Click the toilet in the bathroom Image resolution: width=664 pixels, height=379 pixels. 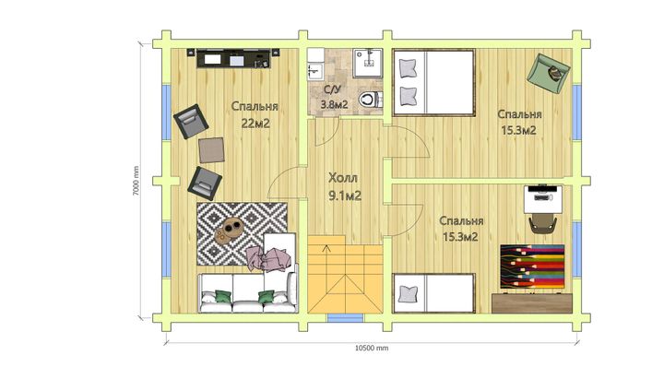[371, 100]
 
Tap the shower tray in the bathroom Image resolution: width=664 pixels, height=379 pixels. [368, 64]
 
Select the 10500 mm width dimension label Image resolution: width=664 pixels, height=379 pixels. [372, 348]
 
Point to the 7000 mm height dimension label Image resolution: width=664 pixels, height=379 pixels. [136, 181]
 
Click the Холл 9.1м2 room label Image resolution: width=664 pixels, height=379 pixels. [344, 187]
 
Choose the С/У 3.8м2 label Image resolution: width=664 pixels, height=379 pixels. [334, 97]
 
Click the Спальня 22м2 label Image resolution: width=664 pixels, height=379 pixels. [255, 114]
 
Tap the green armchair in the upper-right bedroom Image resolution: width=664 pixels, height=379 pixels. [549, 73]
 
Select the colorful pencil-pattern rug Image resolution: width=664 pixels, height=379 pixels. [533, 266]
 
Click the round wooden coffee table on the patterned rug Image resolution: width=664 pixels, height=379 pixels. [229, 230]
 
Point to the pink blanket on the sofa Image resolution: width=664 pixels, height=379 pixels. [269, 259]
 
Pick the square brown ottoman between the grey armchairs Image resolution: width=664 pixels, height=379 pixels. [211, 150]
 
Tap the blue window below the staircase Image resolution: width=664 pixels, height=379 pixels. [346, 318]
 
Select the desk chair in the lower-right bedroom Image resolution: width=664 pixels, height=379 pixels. [543, 223]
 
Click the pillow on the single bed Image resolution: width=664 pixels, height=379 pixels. [408, 294]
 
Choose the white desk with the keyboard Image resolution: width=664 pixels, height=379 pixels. [543, 199]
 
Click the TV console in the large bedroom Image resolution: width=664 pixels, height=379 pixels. [233, 58]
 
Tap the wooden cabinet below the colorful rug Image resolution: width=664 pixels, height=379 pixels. [532, 303]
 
